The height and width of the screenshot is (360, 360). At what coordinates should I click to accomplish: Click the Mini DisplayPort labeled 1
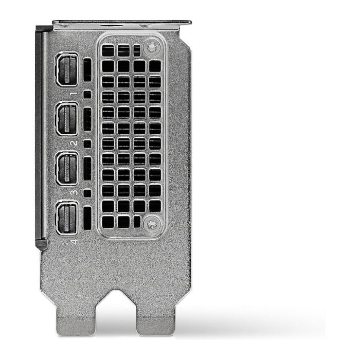coord(68,69)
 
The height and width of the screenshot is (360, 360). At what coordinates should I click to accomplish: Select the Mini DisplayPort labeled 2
coord(68,119)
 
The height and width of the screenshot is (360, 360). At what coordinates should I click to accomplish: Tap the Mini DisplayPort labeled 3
coord(68,168)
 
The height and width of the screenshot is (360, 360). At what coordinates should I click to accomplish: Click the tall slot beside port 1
coord(87,70)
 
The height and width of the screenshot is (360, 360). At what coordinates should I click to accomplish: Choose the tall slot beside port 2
coord(87,119)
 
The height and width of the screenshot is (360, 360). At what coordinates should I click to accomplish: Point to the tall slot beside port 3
coord(87,169)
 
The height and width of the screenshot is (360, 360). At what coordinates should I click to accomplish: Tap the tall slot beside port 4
coord(87,218)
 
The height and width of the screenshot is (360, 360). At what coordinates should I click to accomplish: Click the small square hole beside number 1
coord(87,95)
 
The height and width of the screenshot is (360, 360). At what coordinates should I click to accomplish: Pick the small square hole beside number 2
coord(87,144)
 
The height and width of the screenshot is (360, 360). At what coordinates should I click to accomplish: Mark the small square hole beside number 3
coord(87,193)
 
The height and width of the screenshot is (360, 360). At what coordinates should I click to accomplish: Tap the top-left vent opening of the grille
coord(107,50)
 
